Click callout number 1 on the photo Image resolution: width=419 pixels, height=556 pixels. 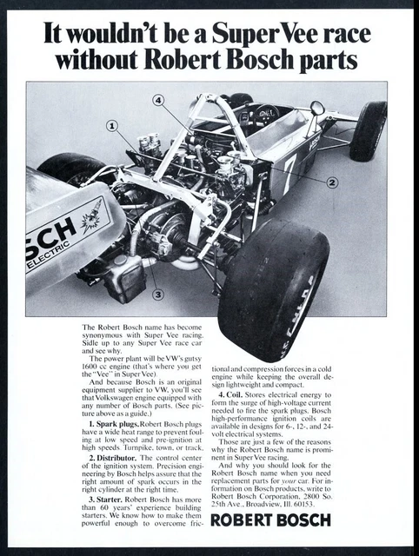(112, 127)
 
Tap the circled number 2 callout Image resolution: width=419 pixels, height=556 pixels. (331, 182)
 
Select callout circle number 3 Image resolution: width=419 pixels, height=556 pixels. (157, 294)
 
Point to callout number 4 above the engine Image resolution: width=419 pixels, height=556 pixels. (158, 101)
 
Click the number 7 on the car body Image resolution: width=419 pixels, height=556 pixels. (289, 165)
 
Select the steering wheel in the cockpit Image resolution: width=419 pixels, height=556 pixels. (267, 114)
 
